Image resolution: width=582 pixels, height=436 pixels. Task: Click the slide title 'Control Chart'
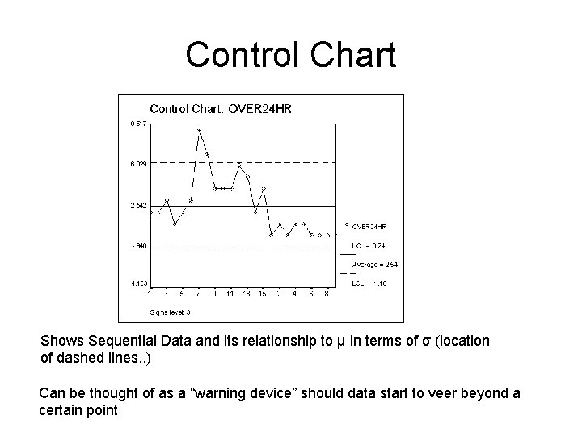pos(290,55)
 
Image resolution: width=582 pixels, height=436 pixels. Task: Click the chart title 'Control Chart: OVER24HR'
pos(220,109)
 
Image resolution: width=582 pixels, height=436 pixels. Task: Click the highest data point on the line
pos(199,129)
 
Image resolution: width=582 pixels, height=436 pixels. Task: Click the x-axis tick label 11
pos(230,294)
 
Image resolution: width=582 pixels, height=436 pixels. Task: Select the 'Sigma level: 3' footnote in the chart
pos(170,312)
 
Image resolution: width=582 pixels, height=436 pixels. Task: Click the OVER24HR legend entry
pos(369,227)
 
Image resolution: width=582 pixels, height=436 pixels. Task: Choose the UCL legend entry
pos(367,245)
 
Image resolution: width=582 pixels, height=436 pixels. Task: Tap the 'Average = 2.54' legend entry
pos(373,264)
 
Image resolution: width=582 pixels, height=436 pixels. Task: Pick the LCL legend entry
pos(368,283)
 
